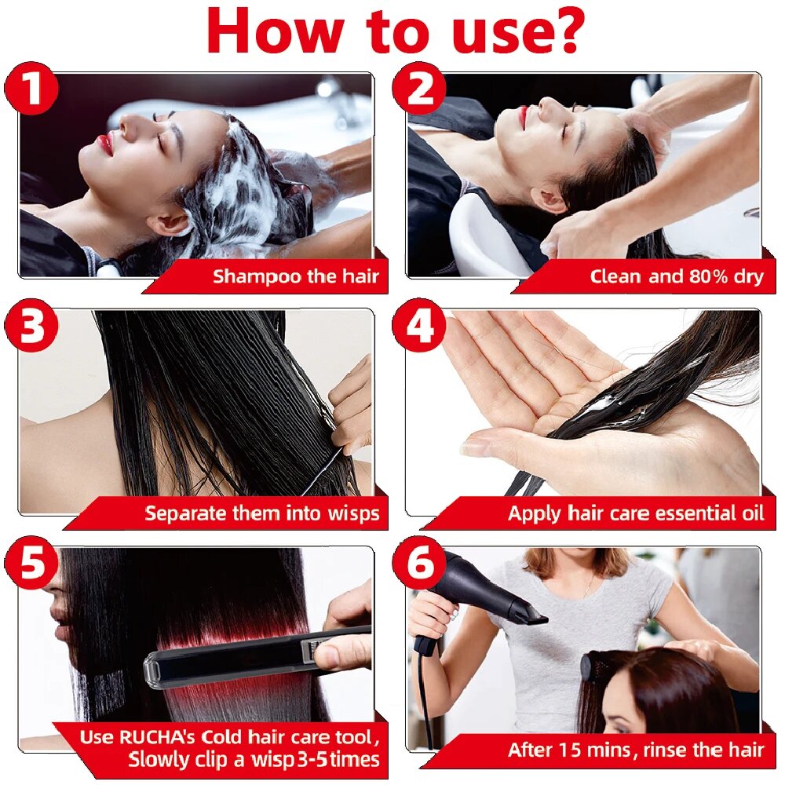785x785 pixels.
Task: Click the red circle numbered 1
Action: click(x=31, y=89)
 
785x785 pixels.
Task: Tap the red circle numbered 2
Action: click(x=419, y=89)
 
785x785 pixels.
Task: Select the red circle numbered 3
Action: click(x=31, y=326)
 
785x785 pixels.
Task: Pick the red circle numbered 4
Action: click(x=419, y=326)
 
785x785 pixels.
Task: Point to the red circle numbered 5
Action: click(x=31, y=562)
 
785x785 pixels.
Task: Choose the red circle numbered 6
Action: click(x=419, y=562)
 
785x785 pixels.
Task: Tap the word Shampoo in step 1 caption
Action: click(x=257, y=277)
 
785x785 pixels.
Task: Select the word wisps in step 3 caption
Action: click(x=353, y=513)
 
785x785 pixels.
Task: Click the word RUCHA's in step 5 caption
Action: click(x=157, y=737)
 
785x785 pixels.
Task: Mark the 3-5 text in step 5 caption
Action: click(x=313, y=759)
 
